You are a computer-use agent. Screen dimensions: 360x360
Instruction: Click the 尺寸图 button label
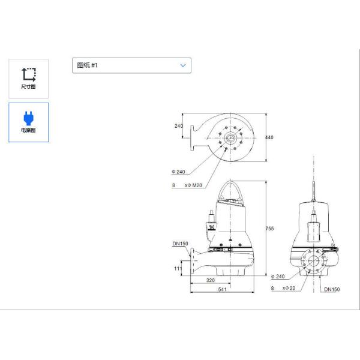click(28, 87)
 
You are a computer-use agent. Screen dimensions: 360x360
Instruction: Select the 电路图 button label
click(28, 130)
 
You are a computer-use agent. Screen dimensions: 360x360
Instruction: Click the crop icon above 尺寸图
click(28, 74)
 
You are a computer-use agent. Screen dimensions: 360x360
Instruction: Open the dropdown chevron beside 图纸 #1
click(183, 65)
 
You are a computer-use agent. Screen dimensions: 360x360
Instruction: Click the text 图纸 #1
click(88, 65)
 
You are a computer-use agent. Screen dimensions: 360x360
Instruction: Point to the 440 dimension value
click(269, 138)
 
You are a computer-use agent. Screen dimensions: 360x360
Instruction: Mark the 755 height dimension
click(269, 227)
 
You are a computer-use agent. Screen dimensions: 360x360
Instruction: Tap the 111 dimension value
click(178, 269)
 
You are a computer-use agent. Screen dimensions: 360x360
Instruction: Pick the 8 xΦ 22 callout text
click(284, 289)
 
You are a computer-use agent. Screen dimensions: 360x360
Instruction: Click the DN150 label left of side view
click(180, 244)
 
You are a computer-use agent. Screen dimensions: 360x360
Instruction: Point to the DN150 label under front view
click(331, 289)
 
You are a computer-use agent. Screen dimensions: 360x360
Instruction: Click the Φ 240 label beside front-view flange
click(277, 277)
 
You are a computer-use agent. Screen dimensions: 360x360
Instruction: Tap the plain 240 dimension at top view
click(178, 126)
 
